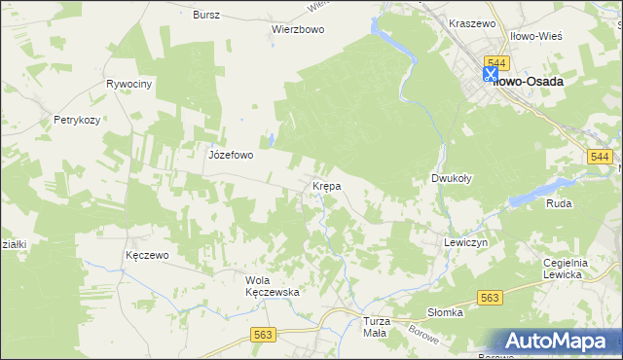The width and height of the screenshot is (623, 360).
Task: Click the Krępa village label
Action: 325,185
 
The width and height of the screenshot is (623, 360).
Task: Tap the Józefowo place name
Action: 231,154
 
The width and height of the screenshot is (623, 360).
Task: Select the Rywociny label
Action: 130,85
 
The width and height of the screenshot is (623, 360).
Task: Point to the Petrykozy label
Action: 77,121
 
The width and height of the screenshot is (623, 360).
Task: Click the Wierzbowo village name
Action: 297,29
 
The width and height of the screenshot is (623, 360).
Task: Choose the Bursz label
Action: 206,16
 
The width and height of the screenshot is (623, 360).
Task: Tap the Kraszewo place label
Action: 473,21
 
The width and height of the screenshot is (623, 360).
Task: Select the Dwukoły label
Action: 452,179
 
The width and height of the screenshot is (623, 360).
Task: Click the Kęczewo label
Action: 148,255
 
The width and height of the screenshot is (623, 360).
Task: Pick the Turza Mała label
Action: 375,327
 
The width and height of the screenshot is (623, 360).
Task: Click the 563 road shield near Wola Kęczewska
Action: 263,335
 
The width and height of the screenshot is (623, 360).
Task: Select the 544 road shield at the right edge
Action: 600,158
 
